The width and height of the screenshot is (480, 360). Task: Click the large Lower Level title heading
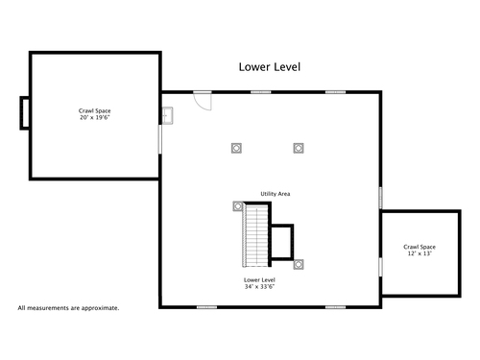(x=270, y=67)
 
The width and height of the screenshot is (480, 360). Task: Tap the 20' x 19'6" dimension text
(x=95, y=117)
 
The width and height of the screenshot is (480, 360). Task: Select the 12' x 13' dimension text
(x=420, y=253)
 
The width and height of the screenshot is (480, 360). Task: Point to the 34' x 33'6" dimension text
(x=259, y=287)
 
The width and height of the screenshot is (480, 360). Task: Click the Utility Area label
(x=276, y=194)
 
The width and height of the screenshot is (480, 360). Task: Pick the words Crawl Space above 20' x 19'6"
(x=95, y=111)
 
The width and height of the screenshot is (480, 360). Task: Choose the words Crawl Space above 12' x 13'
(x=420, y=247)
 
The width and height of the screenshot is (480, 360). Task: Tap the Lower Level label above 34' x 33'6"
(x=259, y=280)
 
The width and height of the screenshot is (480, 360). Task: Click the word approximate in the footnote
(x=100, y=308)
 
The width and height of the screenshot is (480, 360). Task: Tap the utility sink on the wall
(x=167, y=115)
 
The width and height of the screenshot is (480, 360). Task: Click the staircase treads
(x=256, y=236)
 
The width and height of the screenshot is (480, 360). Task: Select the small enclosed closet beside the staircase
(x=281, y=242)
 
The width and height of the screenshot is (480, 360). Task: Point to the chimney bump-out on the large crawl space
(x=25, y=113)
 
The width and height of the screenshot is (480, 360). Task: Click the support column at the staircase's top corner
(x=238, y=206)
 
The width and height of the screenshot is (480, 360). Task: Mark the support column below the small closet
(x=299, y=264)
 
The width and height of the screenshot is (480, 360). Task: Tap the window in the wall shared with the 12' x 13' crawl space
(x=381, y=267)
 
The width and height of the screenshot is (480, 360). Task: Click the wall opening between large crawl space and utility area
(x=160, y=139)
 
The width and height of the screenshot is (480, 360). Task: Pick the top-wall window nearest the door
(x=261, y=92)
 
